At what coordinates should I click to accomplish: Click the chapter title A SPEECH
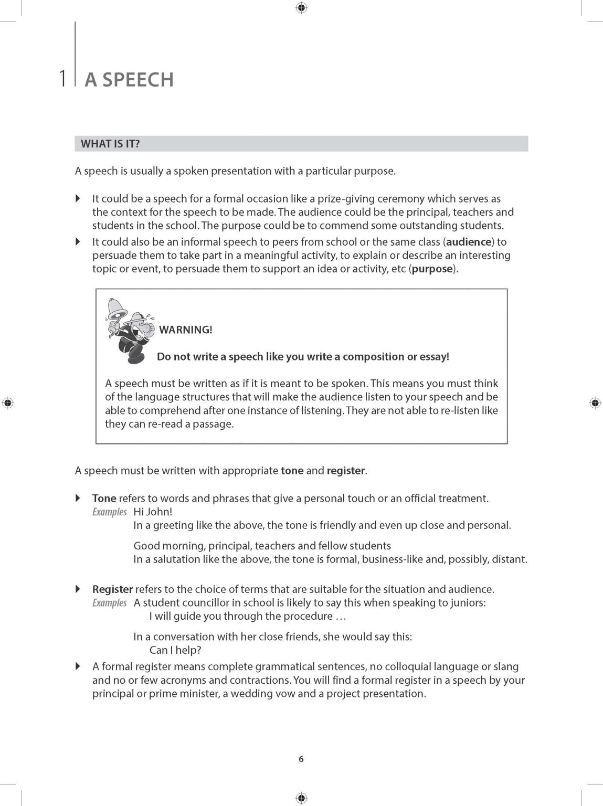click(x=129, y=80)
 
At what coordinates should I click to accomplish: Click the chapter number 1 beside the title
click(x=63, y=79)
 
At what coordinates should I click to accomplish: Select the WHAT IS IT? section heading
click(x=110, y=144)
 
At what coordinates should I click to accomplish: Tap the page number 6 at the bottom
click(x=301, y=759)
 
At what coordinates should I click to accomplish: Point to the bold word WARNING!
click(x=186, y=330)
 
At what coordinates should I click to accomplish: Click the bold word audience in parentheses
click(x=469, y=242)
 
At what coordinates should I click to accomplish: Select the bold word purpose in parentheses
click(x=432, y=269)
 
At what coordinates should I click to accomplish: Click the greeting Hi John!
click(x=153, y=512)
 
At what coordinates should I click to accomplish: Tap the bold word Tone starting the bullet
click(x=104, y=499)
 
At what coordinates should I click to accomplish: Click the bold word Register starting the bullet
click(x=112, y=589)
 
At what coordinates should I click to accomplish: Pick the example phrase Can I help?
click(x=175, y=650)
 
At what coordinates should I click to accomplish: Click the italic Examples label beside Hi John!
click(x=110, y=512)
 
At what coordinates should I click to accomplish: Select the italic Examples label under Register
click(x=110, y=603)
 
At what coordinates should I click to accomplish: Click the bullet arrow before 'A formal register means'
click(x=78, y=666)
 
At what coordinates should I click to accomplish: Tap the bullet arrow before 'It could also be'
click(x=78, y=242)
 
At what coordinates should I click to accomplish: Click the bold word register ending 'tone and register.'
click(x=345, y=471)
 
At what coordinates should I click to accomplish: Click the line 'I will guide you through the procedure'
click(x=248, y=617)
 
